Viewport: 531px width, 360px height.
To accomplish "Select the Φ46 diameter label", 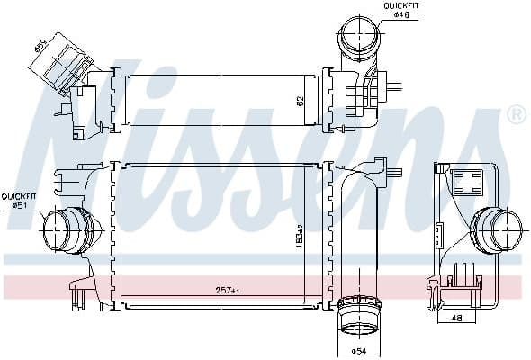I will [x=400, y=15].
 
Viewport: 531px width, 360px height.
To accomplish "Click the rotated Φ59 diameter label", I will [x=41, y=43].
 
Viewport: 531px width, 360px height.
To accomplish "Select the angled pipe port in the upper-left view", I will [x=62, y=60].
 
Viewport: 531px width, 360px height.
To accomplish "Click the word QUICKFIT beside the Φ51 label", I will [x=18, y=195].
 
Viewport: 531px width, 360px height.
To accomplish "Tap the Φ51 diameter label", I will [x=18, y=205].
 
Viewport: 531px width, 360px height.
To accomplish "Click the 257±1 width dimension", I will [x=226, y=290].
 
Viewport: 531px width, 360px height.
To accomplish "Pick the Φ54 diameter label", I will [x=357, y=349].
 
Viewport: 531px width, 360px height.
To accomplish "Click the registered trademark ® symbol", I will [x=516, y=114].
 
